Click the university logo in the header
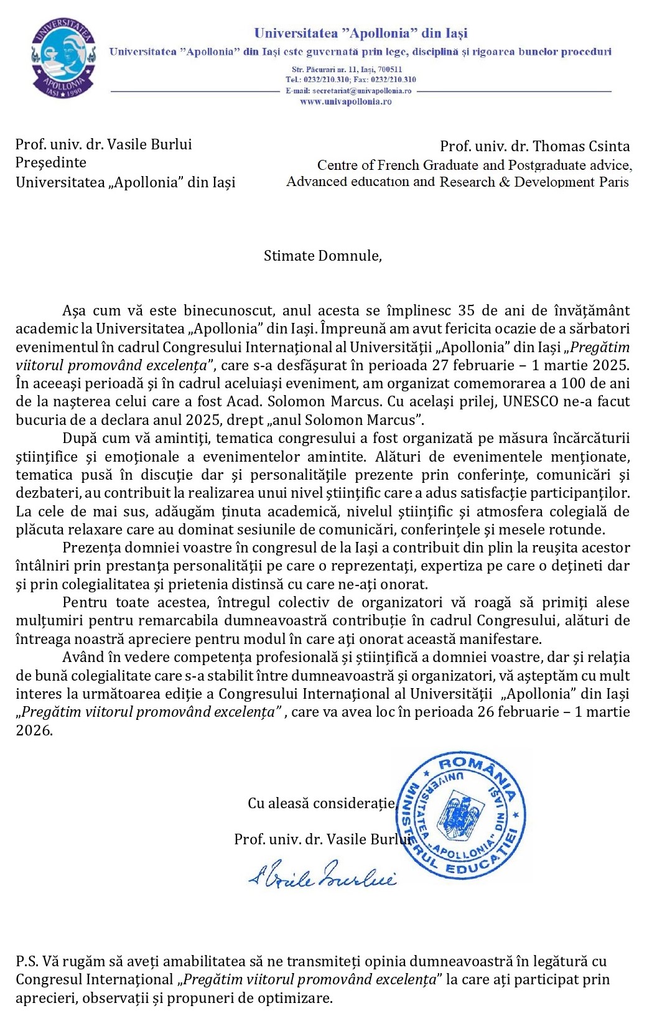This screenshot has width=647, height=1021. click(x=63, y=58)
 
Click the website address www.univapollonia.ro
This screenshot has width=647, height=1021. click(x=345, y=101)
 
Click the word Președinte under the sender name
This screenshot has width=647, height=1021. click(x=50, y=162)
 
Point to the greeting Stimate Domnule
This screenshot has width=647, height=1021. click(x=322, y=256)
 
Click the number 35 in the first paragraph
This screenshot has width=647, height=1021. click(x=467, y=310)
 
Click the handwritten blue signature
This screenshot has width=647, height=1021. click(x=322, y=875)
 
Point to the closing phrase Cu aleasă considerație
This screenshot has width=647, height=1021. click(x=322, y=803)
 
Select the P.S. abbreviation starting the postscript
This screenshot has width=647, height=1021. click(x=27, y=961)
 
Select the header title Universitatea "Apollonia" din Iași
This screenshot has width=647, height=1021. click(x=361, y=33)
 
